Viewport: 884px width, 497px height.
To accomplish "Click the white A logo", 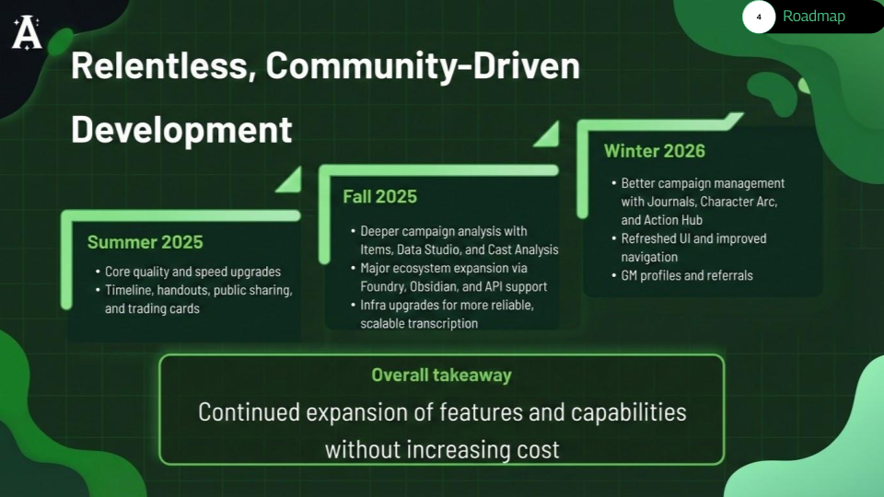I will coord(27,33).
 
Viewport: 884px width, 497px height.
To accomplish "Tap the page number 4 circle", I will coord(759,17).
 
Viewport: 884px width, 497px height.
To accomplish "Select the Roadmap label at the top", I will coord(813,17).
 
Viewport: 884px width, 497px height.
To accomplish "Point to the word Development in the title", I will coord(181,129).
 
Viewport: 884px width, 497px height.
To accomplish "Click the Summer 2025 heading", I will coord(145,243).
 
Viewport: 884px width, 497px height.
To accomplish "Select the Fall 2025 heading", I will coord(379,196).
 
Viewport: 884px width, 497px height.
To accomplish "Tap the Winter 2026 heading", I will coord(654,150).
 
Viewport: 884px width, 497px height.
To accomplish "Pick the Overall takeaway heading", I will coord(441,375).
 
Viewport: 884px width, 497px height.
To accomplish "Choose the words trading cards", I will coord(167,309).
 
